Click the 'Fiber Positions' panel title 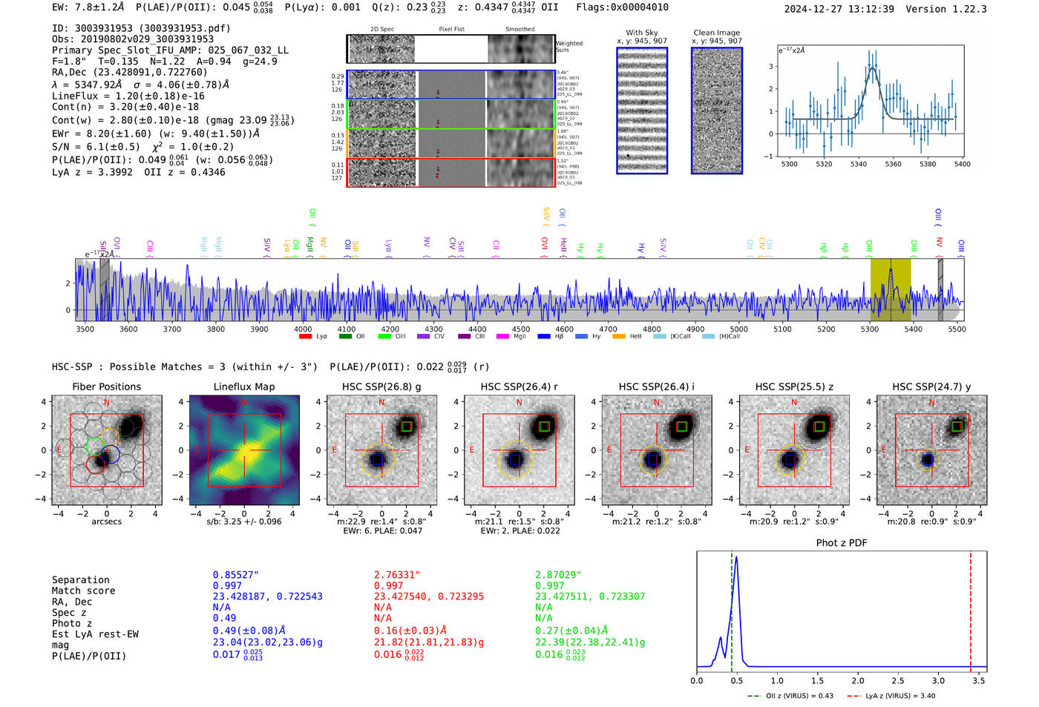tap(106, 387)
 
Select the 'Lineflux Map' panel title tap(244, 387)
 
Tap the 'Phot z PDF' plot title tap(842, 543)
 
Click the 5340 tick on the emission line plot tap(859, 164)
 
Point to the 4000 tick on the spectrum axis tap(303, 329)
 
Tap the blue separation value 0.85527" tap(235, 575)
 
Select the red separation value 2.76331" tap(397, 575)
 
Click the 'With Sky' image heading tap(642, 33)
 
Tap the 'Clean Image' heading tap(716, 33)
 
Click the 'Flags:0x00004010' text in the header tap(622, 7)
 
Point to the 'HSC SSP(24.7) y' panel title tap(931, 387)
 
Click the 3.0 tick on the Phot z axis tap(938, 680)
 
